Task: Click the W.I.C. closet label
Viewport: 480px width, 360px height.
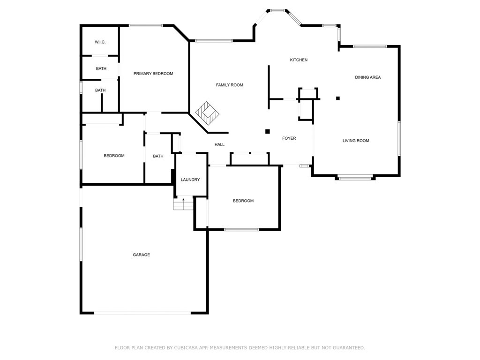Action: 100,42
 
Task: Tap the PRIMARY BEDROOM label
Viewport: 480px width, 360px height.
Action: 153,74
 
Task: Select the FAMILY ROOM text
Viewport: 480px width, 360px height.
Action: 229,85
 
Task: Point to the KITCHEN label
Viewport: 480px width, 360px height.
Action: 299,60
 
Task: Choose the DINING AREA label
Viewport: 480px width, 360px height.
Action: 367,77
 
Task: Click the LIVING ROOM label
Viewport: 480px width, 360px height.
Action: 356,141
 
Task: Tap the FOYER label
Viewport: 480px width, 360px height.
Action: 289,138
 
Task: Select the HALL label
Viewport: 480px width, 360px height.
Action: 219,145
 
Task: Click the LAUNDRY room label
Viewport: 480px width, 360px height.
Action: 190,180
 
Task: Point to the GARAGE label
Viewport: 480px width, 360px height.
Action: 141,255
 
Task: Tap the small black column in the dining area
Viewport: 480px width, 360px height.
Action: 337,98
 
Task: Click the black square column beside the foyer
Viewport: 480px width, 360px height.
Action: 267,132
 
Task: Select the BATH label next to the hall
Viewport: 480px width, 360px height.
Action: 158,156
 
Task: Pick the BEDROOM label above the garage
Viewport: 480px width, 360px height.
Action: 114,156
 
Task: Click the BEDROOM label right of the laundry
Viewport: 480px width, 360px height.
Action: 243,201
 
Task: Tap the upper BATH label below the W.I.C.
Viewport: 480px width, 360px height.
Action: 101,68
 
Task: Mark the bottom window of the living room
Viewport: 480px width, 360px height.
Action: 355,178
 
